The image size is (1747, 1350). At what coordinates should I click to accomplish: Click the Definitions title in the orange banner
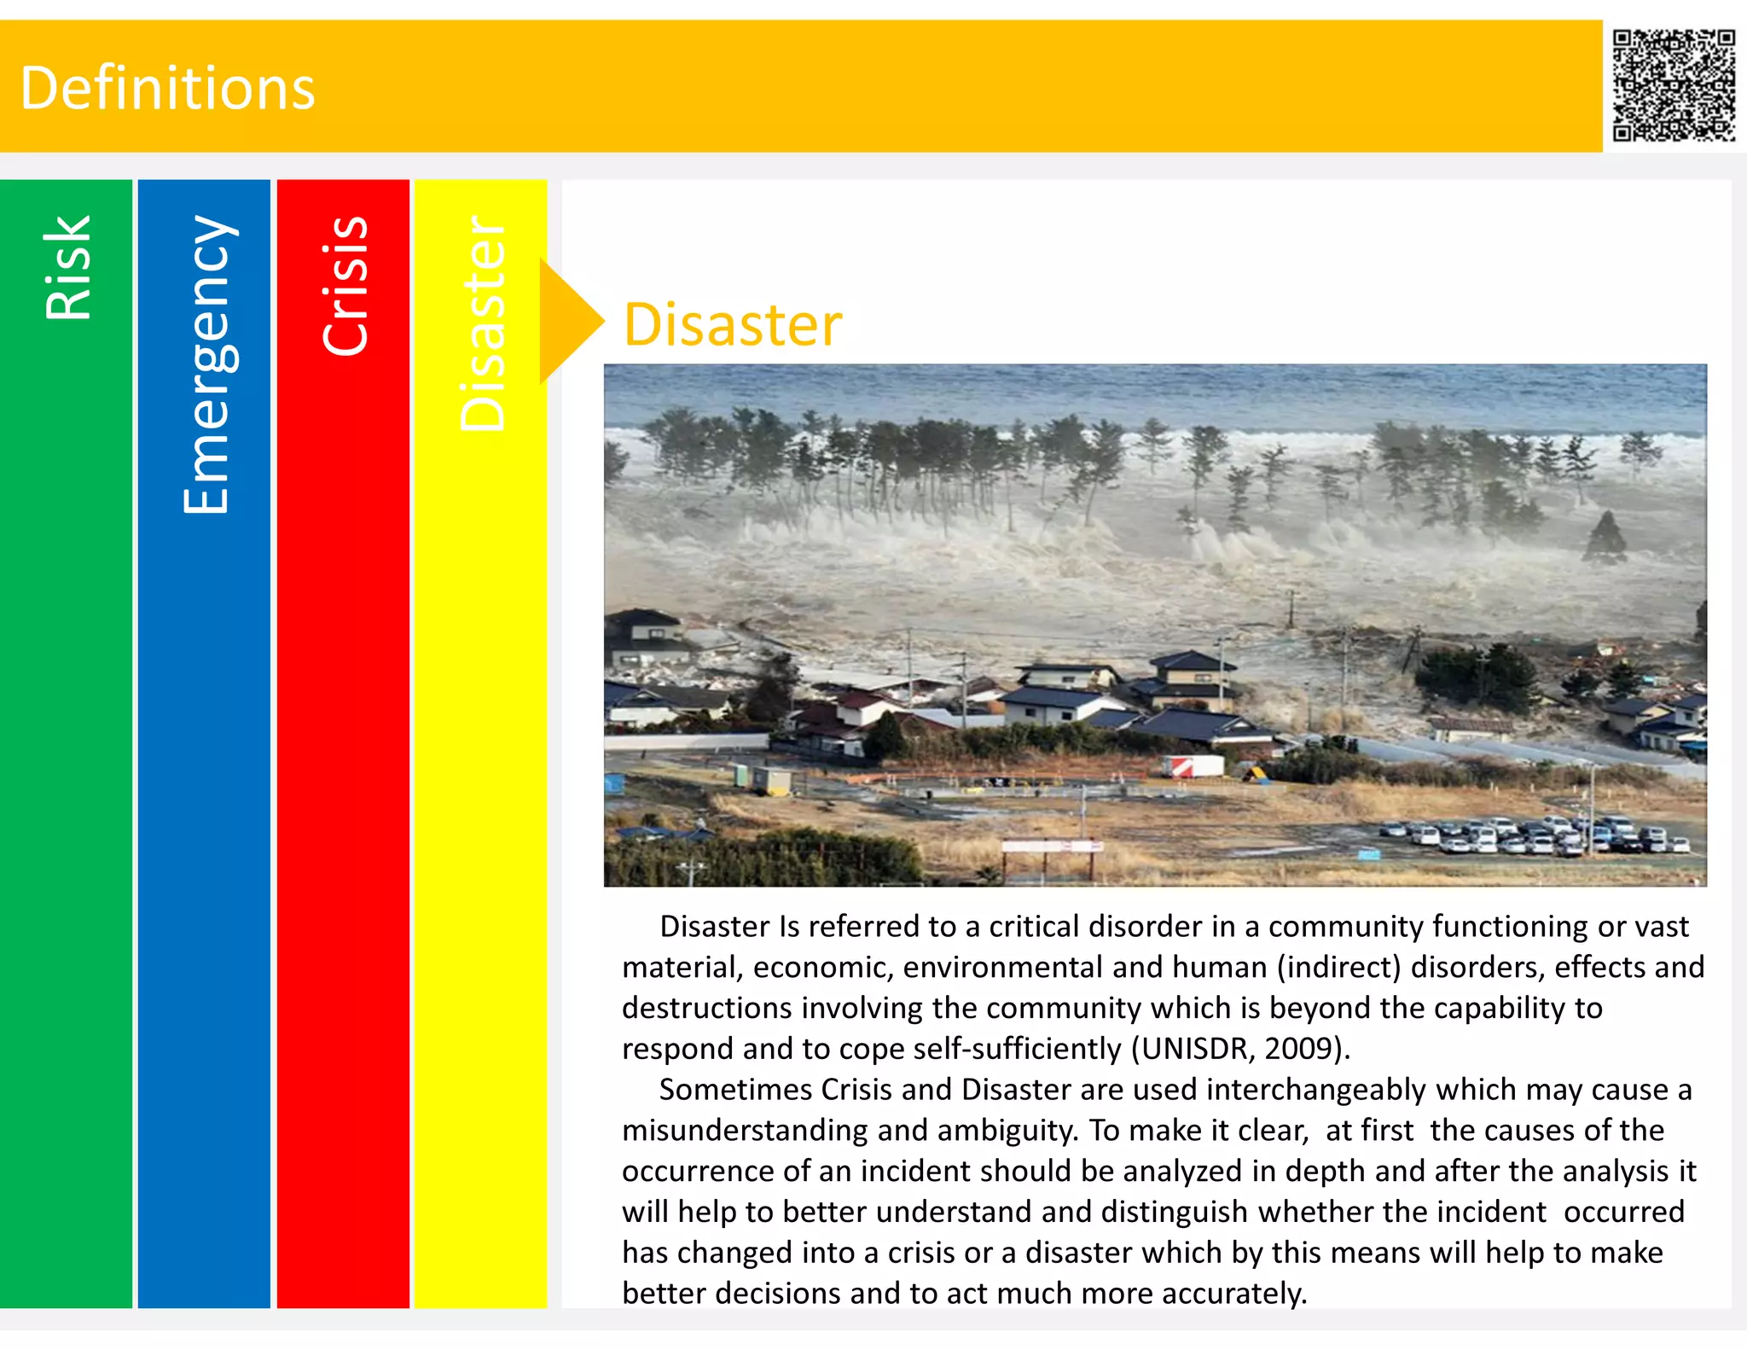click(x=167, y=88)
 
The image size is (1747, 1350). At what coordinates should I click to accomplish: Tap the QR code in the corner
click(x=1673, y=84)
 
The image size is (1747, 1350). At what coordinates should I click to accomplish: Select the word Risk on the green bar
click(x=67, y=267)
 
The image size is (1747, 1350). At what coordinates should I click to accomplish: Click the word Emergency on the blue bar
click(x=206, y=364)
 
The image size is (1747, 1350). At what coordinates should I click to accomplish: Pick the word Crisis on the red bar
click(x=345, y=285)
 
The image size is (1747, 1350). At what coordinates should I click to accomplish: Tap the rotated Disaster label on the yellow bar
click(x=483, y=323)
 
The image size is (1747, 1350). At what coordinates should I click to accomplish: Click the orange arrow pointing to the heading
click(x=567, y=322)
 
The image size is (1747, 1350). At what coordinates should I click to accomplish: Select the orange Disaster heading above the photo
click(x=732, y=325)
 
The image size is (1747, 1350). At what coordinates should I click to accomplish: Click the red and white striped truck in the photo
click(x=1193, y=765)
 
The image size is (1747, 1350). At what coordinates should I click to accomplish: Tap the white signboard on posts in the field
click(x=1051, y=847)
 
